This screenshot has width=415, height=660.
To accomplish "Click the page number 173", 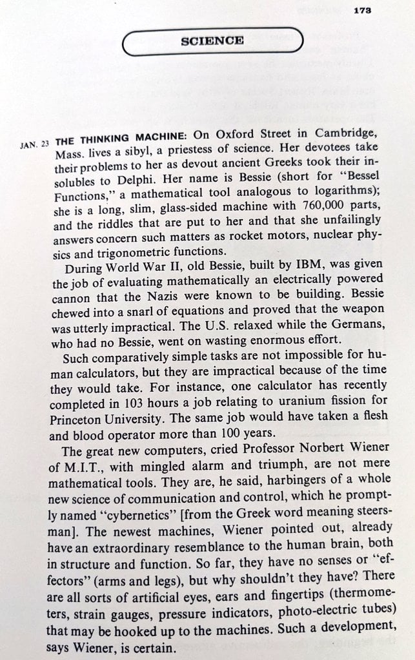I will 362,10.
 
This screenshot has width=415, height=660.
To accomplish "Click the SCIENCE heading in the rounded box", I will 212,41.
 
